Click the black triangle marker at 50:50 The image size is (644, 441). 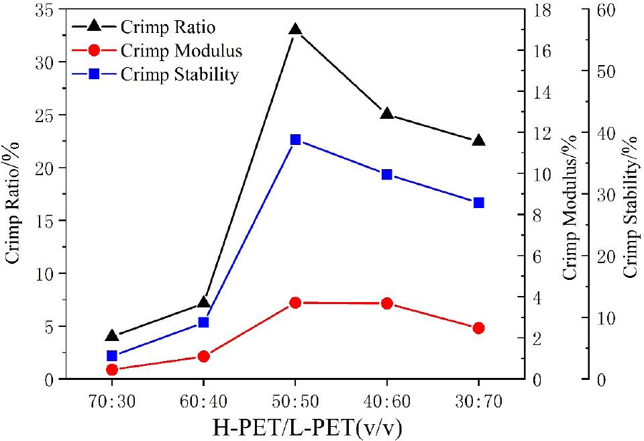295,30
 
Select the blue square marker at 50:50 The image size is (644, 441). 295,140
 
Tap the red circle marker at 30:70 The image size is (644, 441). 478,328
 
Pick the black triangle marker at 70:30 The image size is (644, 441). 112,336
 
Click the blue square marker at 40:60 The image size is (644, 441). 386,175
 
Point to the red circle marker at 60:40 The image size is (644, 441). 204,356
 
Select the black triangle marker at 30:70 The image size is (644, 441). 478,140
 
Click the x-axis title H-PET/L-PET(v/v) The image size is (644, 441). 295,426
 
